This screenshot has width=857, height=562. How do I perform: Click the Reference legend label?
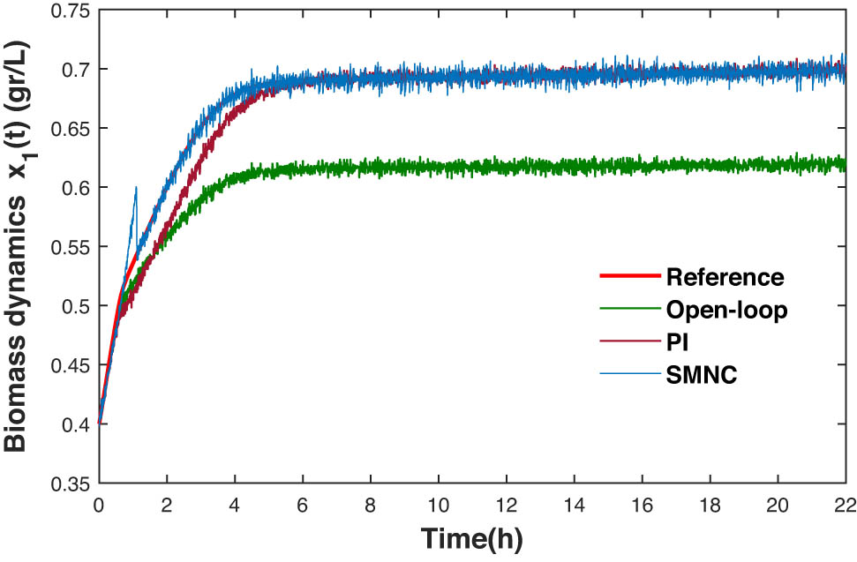click(725, 278)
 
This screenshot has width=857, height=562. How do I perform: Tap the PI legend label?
click(677, 342)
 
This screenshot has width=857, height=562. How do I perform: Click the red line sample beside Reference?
click(628, 277)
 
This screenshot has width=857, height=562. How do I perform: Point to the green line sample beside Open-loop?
click(628, 309)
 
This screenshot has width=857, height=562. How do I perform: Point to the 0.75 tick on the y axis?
click(70, 11)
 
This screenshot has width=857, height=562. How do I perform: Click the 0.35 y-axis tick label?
click(70, 484)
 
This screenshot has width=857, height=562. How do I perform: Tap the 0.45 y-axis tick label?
click(70, 366)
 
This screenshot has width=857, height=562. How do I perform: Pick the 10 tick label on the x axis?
click(439, 503)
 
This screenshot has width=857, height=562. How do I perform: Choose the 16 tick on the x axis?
click(642, 503)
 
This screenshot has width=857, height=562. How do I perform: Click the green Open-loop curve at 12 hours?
click(507, 165)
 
